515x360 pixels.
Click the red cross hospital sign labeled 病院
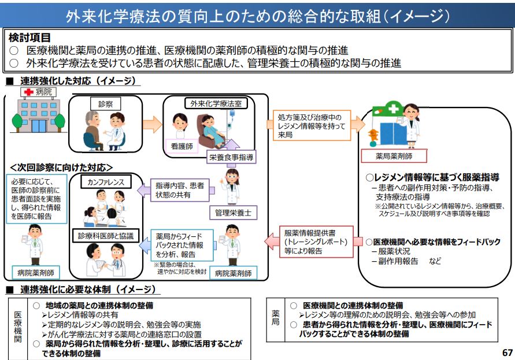click(x=36, y=91)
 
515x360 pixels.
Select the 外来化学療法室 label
click(x=212, y=104)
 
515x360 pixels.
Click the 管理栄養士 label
click(x=232, y=212)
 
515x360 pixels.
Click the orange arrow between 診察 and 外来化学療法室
click(x=152, y=124)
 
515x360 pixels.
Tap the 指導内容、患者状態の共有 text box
click(x=180, y=190)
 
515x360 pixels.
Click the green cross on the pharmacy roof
click(x=394, y=109)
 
